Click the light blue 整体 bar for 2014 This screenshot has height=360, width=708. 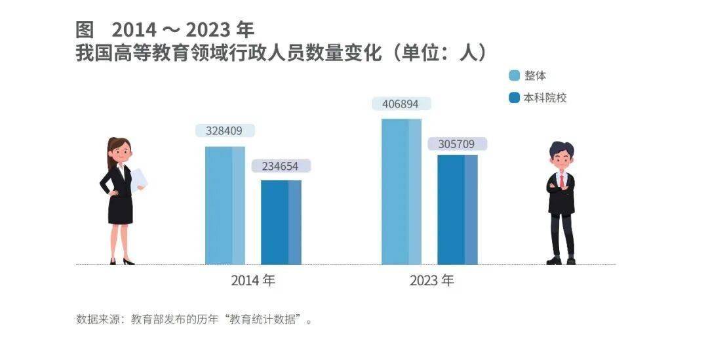click(x=225, y=205)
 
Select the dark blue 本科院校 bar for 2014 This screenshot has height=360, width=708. click(x=281, y=222)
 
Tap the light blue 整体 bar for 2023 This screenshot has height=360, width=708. click(x=401, y=191)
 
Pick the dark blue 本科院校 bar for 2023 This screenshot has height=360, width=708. click(x=458, y=209)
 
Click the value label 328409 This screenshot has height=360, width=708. click(x=225, y=131)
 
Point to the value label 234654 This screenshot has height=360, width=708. click(x=281, y=167)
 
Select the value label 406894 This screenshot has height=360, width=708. click(x=401, y=104)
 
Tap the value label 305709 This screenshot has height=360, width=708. click(x=458, y=144)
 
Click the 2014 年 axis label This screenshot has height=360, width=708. click(x=253, y=281)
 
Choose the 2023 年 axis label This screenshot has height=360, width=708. click(x=431, y=281)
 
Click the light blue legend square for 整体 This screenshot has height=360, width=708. click(x=515, y=75)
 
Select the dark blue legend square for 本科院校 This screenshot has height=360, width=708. click(x=515, y=98)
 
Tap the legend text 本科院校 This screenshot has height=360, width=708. click(x=545, y=98)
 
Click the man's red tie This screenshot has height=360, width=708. click(x=561, y=180)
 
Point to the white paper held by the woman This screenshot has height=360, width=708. click(x=138, y=179)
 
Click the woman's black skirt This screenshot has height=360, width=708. click(x=120, y=209)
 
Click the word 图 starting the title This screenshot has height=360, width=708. click(x=86, y=30)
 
